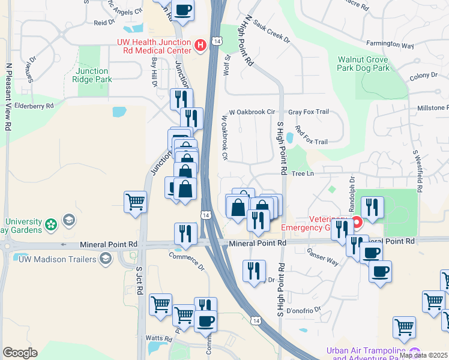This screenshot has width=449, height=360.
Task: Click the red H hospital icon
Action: pos(200,44)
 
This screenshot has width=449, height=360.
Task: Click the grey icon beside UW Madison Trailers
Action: pos(106,259)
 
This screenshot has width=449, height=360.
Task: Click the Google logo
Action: pos(20,353)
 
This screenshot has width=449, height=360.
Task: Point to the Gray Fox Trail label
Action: pos(309,112)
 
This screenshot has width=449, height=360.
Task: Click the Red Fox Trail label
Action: pos(311,142)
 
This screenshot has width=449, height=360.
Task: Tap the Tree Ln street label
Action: pos(303,173)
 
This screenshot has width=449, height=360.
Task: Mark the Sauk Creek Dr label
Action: pos(272,40)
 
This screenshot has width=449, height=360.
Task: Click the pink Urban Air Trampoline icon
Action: pos(414,352)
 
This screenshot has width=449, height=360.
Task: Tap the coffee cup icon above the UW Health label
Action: pos(183,10)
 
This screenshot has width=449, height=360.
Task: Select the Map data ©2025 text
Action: pos(423,355)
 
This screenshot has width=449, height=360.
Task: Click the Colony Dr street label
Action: pos(423,76)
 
